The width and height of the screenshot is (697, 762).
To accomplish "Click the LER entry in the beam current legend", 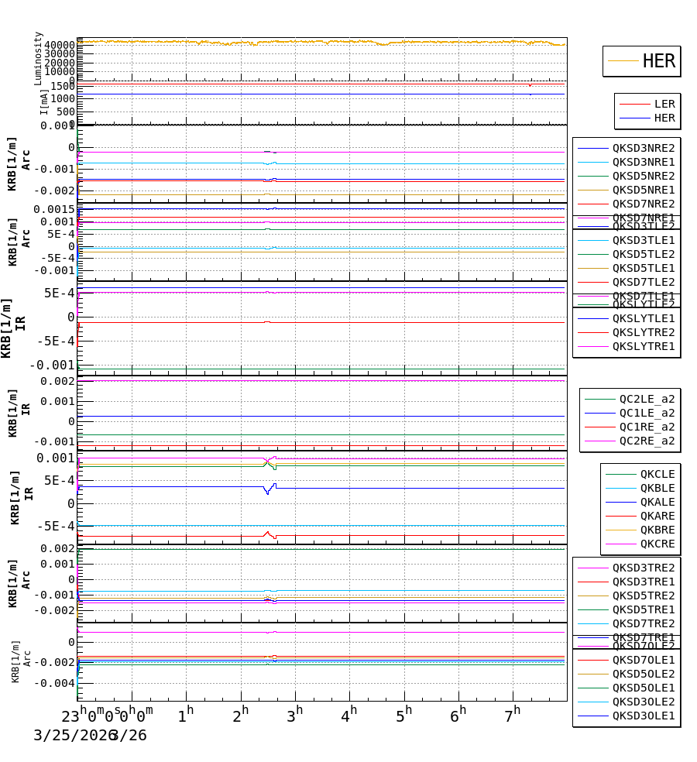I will coord(664,104).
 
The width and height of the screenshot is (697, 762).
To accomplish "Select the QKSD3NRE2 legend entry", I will coord(644,148).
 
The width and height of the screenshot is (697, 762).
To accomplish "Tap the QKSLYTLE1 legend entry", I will coord(644,318).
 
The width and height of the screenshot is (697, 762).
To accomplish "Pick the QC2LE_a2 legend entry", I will coord(647,399).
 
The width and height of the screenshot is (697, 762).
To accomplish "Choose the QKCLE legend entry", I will coord(657,474).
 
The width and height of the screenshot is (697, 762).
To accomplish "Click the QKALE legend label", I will coord(657,502).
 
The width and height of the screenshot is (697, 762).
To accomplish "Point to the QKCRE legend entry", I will coord(657,544).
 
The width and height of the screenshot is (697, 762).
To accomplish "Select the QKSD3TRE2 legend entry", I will coord(644,568).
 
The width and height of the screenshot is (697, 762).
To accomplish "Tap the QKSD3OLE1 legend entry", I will coord(644,716).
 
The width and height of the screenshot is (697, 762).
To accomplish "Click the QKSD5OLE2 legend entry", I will coord(644,674).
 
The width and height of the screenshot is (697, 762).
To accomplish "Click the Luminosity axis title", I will coord(39,58).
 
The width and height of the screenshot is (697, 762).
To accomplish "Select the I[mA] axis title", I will coord(45,101).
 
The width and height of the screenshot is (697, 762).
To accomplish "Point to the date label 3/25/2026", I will coord(71,735).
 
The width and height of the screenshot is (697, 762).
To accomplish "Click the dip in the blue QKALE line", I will coord(268,493).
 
